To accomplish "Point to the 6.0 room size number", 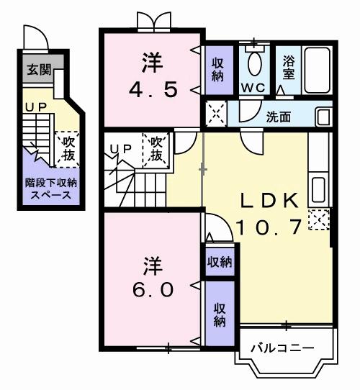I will pos(150,289).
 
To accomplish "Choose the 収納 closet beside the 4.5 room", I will pos(217,68).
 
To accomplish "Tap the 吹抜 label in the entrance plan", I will pos(69,147).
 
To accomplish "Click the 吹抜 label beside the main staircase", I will pos(157,149).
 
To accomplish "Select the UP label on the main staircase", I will pos(119,148).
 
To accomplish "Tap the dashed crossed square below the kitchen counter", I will pos(318,219).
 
